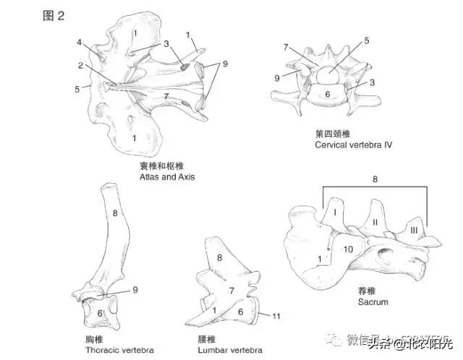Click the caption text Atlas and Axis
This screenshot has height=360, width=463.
coord(167,176)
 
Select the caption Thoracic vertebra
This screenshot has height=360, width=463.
coord(119,350)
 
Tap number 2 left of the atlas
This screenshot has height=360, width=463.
coord(81,65)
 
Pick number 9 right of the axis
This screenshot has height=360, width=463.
coord(225,64)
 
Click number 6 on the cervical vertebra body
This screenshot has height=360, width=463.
coord(326,93)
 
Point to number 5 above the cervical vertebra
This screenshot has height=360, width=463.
coord(367,41)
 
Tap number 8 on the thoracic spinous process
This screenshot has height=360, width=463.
coord(114,213)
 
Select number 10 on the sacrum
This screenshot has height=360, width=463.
coord(347,249)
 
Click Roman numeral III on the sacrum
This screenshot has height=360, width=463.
coord(413,229)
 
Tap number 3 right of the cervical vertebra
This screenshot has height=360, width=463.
coord(372,82)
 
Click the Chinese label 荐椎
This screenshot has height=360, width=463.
coord(365,290)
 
